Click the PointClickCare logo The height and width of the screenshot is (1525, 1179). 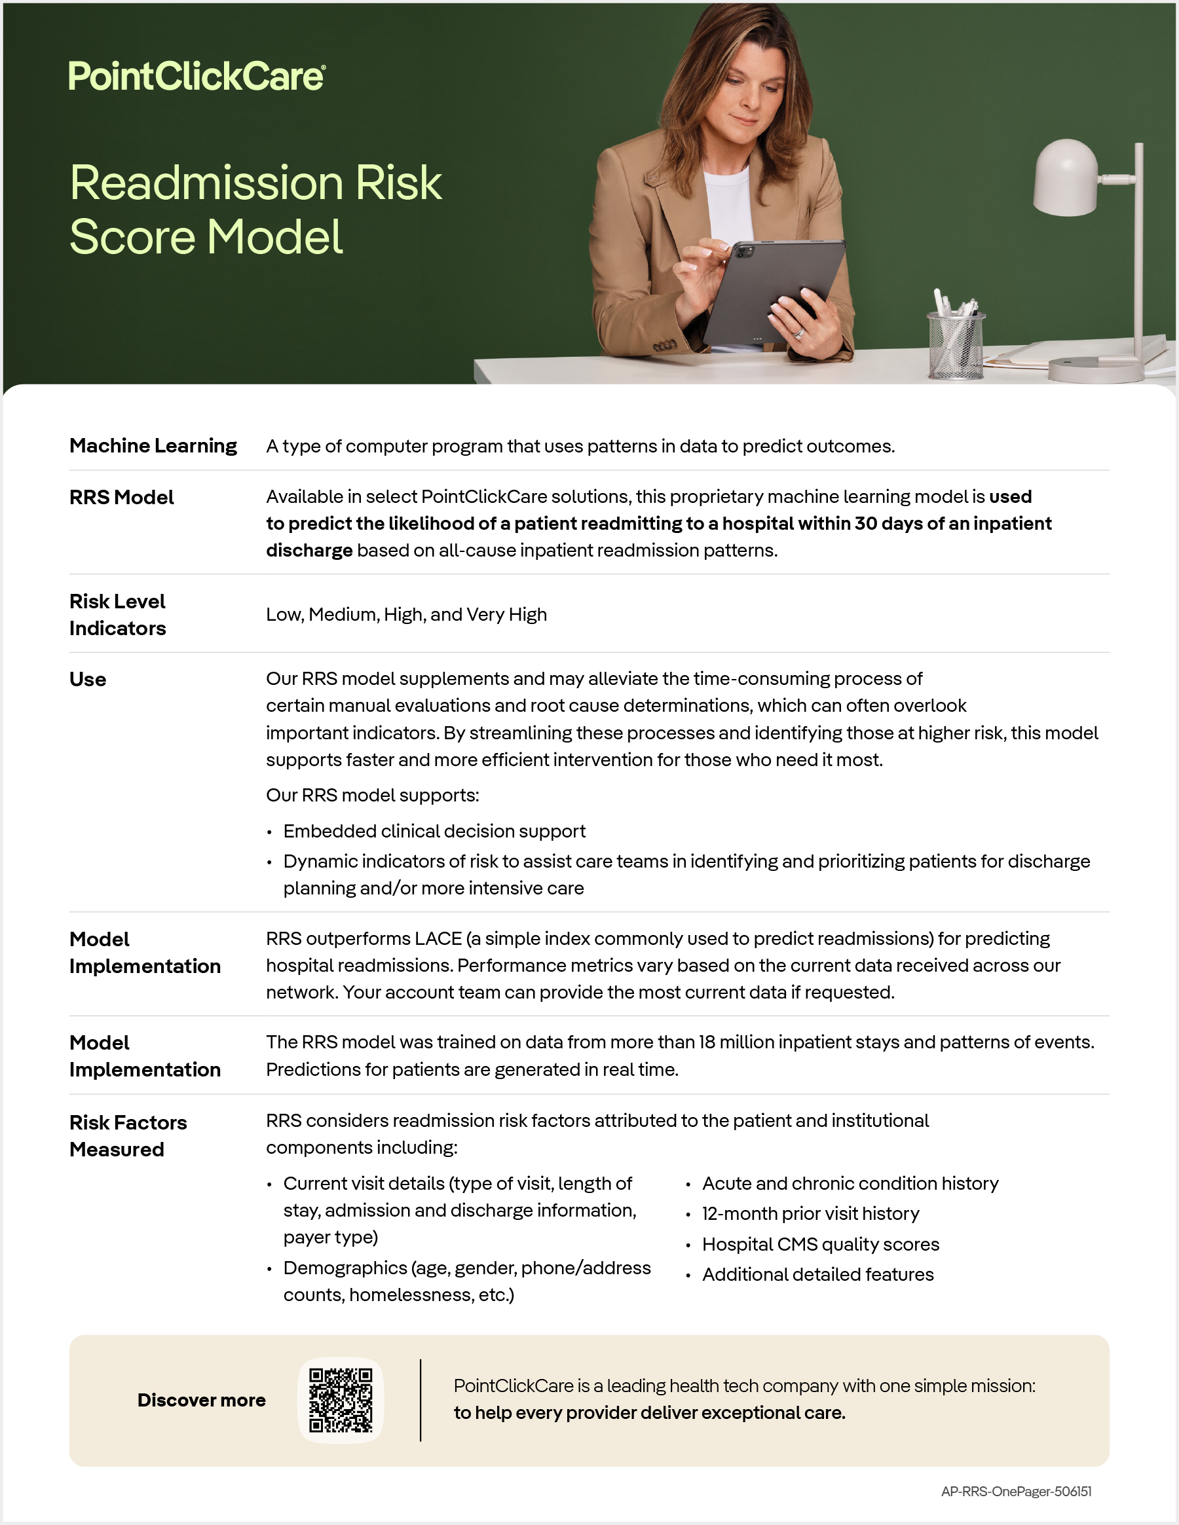pyautogui.click(x=196, y=76)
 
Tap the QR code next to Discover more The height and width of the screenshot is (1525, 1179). pyautogui.click(x=341, y=1399)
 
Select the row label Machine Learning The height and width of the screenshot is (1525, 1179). pyautogui.click(x=153, y=445)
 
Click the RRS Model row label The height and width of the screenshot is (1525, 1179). pyautogui.click(x=122, y=497)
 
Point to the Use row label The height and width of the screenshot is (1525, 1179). pyautogui.click(x=88, y=680)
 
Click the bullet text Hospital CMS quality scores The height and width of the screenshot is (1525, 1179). pyautogui.click(x=820, y=1243)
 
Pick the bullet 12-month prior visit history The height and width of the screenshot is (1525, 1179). pyautogui.click(x=810, y=1213)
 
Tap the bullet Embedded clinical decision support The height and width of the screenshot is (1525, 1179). pyautogui.click(x=434, y=831)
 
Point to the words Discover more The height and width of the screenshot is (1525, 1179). pyautogui.click(x=201, y=1400)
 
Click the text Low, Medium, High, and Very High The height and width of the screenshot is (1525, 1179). pyautogui.click(x=406, y=614)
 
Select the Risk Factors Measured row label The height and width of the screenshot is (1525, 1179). pyautogui.click(x=128, y=1135)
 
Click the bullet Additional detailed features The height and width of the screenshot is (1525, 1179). pyautogui.click(x=817, y=1274)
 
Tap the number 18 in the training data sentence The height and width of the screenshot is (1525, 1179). pyautogui.click(x=707, y=1042)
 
